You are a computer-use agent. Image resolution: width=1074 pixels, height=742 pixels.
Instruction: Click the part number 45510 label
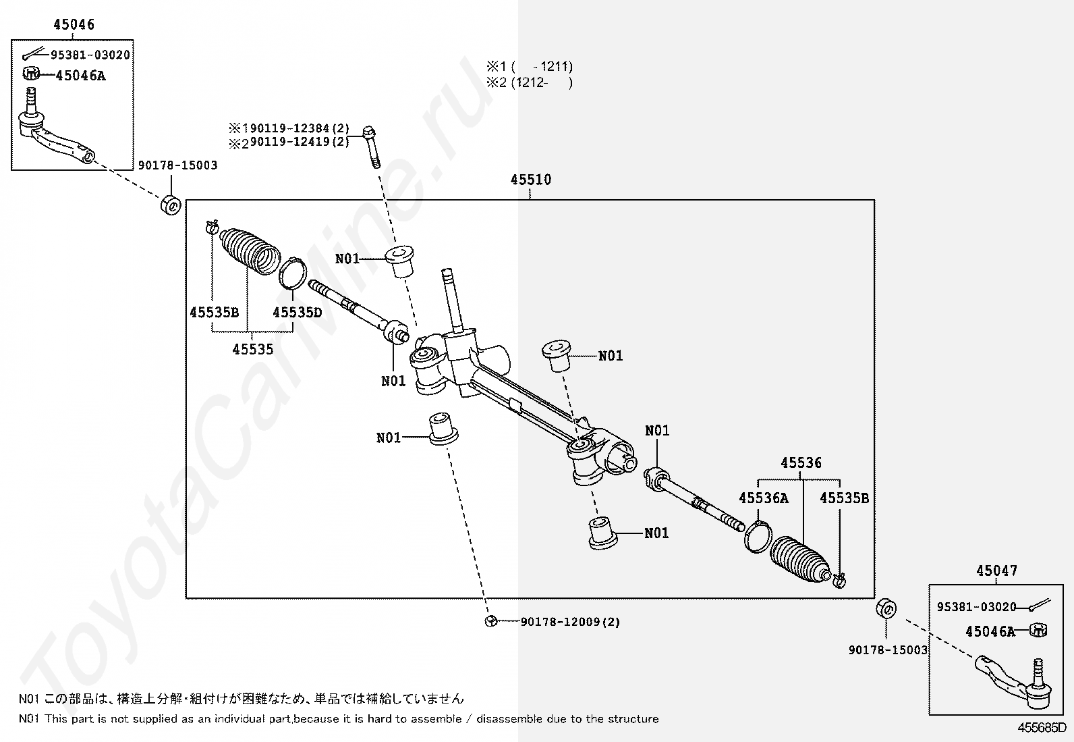[530, 180]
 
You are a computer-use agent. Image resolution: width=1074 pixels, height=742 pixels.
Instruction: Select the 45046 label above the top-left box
[74, 25]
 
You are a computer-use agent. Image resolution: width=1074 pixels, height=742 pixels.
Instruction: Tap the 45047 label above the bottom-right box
[996, 571]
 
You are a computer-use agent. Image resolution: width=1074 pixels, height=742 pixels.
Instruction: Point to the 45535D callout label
[297, 312]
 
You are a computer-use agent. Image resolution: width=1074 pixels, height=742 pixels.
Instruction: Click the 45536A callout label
[763, 498]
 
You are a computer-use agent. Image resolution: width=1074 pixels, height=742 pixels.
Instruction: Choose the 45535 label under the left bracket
[253, 349]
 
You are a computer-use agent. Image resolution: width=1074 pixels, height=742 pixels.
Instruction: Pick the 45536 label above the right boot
[801, 462]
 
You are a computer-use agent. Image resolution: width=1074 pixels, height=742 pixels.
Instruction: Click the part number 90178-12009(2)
[570, 622]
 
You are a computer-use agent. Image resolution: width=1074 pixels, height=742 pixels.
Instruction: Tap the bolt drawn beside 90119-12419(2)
[370, 145]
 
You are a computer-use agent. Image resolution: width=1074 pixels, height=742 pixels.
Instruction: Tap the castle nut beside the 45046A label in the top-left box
[31, 74]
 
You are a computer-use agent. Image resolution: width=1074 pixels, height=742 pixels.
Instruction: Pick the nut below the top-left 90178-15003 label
[170, 205]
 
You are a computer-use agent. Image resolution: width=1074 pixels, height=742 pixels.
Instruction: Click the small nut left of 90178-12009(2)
[491, 621]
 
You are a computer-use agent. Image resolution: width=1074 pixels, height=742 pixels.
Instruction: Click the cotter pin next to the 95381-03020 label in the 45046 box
[32, 53]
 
